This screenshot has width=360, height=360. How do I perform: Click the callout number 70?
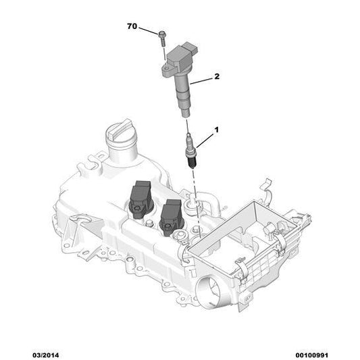(132, 27)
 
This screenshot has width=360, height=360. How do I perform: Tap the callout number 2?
(217, 77)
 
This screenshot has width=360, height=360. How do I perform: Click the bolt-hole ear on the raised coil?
(165, 67)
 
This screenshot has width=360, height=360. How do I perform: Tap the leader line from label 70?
(150, 30)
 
